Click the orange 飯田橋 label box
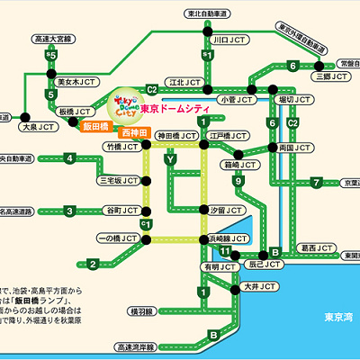(94, 128)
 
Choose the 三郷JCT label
(336, 77)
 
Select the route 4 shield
(68, 159)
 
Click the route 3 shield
(68, 211)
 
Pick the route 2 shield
(92, 264)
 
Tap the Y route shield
(168, 160)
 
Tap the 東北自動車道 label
(207, 14)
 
